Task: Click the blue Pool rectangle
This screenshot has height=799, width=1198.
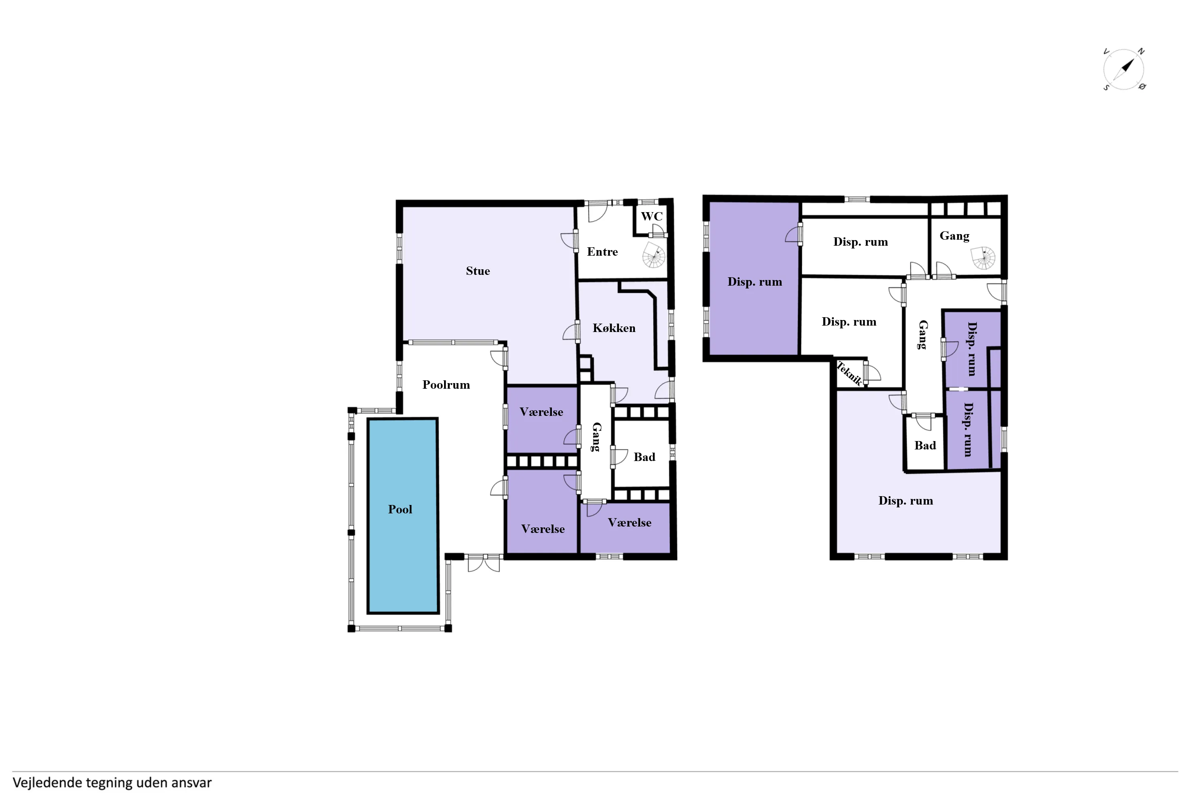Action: (x=403, y=516)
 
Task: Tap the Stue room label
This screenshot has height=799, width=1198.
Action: (x=478, y=271)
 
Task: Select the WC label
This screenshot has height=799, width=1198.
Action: (x=651, y=216)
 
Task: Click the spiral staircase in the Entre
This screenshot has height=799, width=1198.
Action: (x=653, y=255)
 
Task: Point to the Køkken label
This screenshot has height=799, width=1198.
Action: (x=614, y=328)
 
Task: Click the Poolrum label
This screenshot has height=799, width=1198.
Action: (x=446, y=385)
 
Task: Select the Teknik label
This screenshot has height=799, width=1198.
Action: (x=849, y=373)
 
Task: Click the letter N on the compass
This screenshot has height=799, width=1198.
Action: (x=1141, y=52)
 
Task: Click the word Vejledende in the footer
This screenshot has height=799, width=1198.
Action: (x=48, y=783)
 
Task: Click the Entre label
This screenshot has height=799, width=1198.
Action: (x=602, y=252)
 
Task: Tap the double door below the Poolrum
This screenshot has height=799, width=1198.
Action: (x=483, y=562)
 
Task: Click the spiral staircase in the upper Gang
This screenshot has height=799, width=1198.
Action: (x=984, y=258)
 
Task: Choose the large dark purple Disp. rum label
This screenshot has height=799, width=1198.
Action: (x=754, y=282)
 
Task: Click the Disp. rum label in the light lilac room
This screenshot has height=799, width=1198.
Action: (x=906, y=501)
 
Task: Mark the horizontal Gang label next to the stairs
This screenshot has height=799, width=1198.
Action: (x=954, y=236)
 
